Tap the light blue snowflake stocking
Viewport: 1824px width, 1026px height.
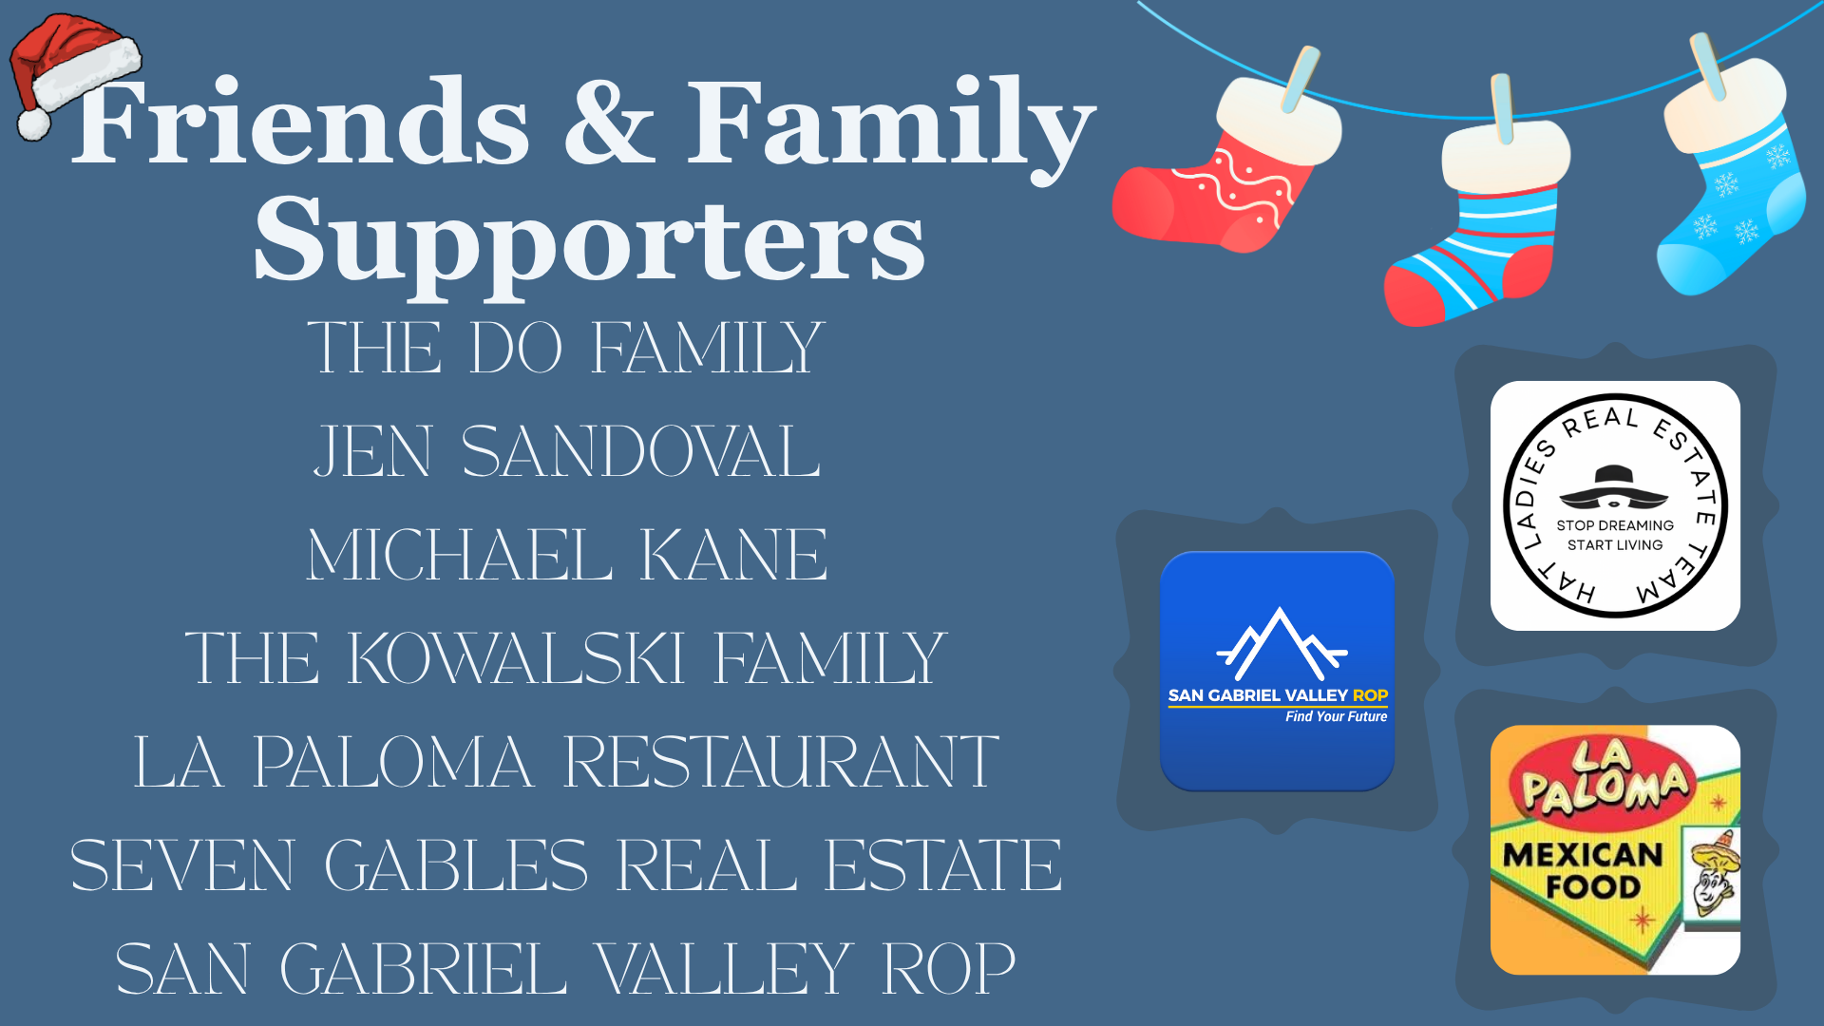pos(1729,176)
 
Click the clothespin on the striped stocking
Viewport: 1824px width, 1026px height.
pos(1502,107)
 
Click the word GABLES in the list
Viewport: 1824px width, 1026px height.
pos(456,865)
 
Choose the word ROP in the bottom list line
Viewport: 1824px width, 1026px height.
pos(949,969)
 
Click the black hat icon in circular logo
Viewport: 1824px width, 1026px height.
pos(1614,485)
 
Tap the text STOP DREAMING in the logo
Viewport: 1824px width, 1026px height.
pos(1615,525)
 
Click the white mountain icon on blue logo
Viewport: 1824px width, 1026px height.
pos(1280,643)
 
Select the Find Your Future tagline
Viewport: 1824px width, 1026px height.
pos(1336,716)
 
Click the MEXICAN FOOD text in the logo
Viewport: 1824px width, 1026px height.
pos(1584,869)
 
